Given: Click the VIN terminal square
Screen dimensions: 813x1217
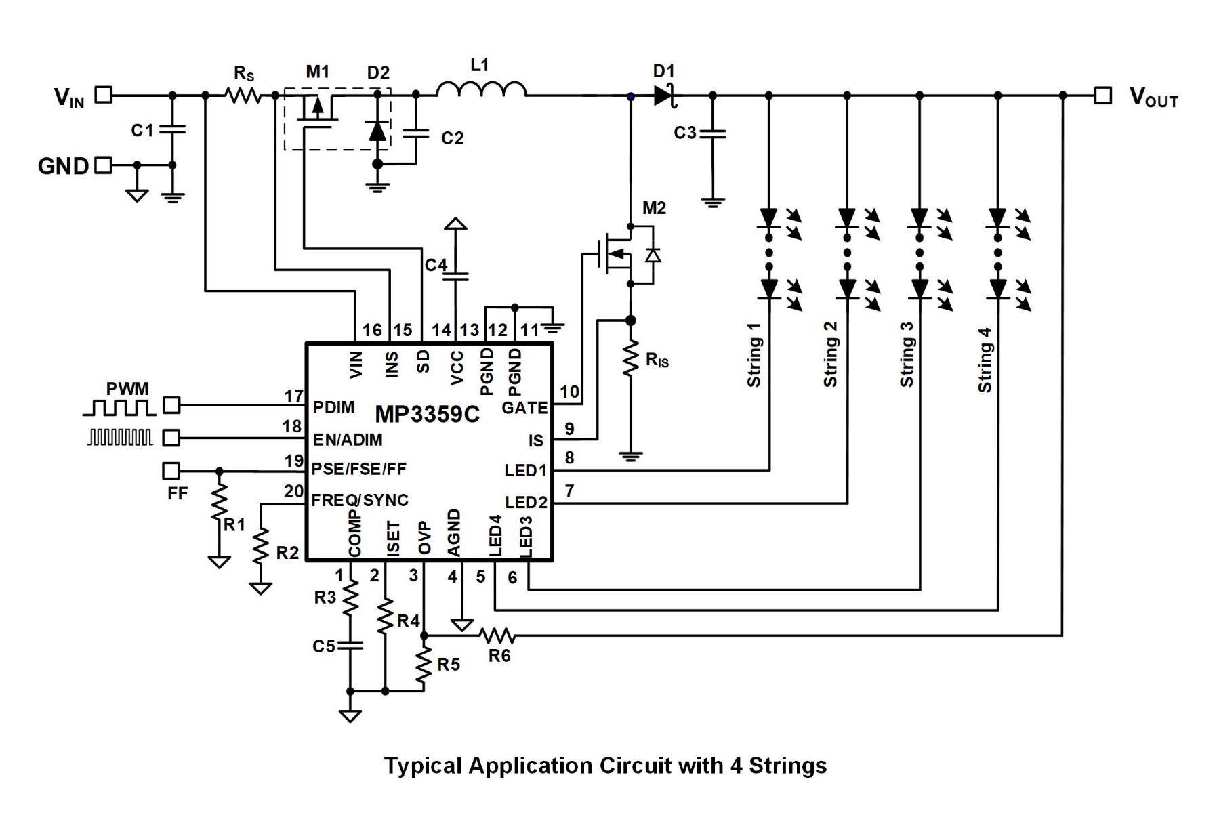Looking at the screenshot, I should pos(103,95).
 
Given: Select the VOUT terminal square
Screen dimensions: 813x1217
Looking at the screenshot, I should pos(1103,96).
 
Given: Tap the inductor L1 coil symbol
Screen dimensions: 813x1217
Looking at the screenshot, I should pos(481,90).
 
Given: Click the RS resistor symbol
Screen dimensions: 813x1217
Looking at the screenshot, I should pos(243,96).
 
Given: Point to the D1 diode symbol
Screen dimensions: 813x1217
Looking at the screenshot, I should pos(664,96).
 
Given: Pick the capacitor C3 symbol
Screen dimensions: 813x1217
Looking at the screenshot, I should pos(712,133).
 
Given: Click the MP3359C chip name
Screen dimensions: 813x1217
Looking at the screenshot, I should pos(427,414).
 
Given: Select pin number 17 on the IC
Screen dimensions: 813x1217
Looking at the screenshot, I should pos(293,396).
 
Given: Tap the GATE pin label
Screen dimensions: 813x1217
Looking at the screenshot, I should pos(524,408).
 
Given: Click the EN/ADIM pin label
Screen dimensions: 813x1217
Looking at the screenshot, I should pos(348,440).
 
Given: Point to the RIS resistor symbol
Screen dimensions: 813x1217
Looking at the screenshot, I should pos(631,359).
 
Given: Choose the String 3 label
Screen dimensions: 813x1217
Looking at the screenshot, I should pos(907,354).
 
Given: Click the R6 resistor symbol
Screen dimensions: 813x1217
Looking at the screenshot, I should pos(497,635).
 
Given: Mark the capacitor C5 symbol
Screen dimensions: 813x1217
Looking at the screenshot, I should pos(350,645).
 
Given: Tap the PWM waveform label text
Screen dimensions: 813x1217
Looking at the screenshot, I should pos(127,389).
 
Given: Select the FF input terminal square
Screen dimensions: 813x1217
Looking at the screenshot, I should pos(171,470).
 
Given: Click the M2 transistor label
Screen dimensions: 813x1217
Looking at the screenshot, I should pos(654,208).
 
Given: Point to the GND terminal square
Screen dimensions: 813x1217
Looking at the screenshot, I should pos(103,165).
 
